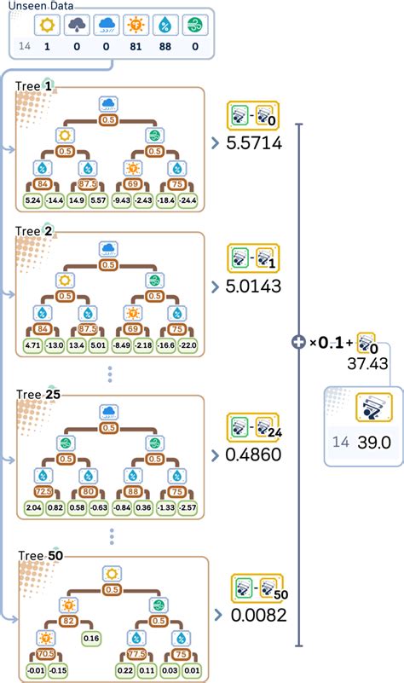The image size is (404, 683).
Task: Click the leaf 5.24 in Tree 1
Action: tap(34, 200)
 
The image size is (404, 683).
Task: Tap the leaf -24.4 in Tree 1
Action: tap(187, 200)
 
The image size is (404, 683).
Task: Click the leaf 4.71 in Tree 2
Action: tap(34, 345)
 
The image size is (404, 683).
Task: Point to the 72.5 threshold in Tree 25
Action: tap(43, 492)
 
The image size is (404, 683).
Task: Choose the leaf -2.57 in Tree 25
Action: tap(187, 509)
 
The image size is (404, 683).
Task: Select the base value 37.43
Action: tap(367, 362)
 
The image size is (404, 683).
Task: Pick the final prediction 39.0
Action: tap(373, 443)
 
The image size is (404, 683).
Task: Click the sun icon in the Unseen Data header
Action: tap(48, 25)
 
